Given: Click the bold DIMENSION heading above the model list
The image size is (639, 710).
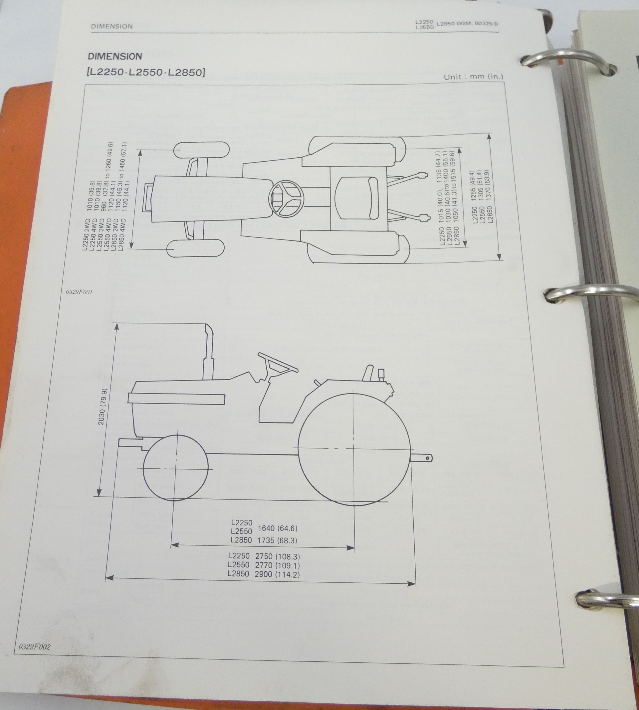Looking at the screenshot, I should [115, 56].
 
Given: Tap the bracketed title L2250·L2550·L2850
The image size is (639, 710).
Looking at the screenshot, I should [146, 73].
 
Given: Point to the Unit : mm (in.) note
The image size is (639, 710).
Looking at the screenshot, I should [473, 77].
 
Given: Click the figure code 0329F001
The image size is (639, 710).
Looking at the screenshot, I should [79, 292].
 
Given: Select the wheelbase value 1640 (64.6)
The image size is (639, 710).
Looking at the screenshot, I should [277, 528].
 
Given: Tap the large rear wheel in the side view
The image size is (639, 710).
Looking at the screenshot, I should [354, 449].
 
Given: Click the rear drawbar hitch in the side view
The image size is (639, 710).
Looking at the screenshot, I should [423, 458].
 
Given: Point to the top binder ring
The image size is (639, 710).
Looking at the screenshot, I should [569, 62].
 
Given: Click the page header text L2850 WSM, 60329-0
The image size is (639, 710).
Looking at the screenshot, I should [467, 24].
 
